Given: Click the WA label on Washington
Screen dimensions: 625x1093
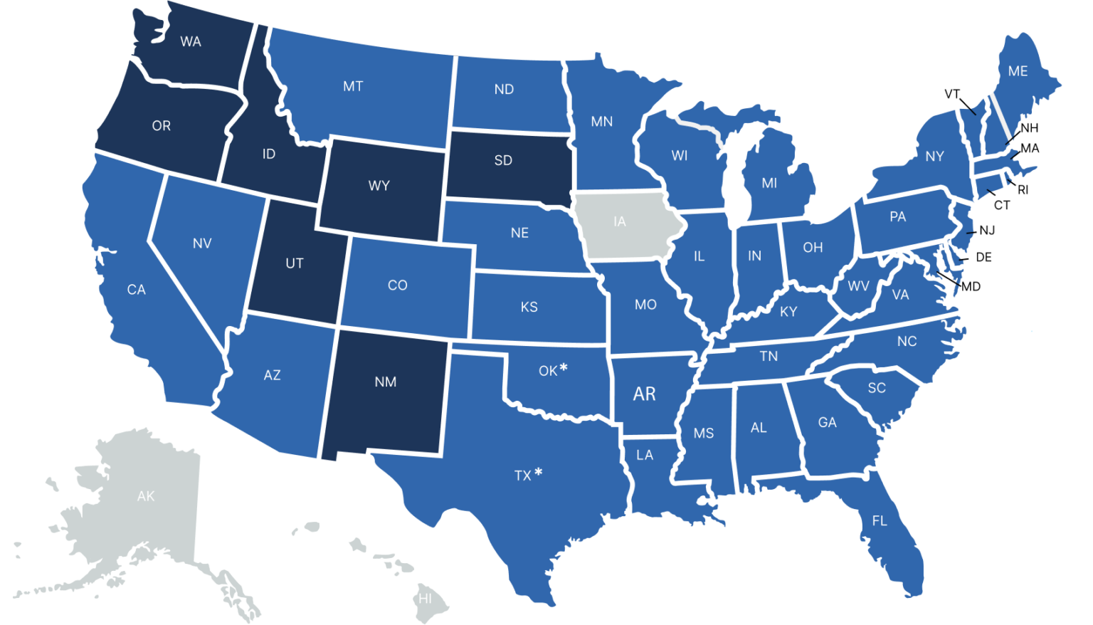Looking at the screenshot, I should pos(190,42).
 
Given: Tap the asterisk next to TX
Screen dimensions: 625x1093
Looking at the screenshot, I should pos(539,471).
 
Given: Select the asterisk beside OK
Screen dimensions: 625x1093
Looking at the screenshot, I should pos(564,367).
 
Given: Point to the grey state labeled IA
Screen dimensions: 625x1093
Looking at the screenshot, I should pos(620,222).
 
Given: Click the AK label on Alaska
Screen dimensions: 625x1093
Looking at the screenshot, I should pos(146,496).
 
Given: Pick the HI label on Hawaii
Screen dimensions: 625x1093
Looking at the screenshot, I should pos(425,599).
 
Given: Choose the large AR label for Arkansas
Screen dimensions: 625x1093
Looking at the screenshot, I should pos(644,394).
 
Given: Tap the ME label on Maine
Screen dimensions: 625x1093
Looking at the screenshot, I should pos(1018,71).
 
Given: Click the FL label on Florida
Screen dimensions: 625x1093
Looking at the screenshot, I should pos(880,521).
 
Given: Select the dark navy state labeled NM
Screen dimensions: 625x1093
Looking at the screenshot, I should pos(385,382).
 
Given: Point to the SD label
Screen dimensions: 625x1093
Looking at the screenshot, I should pos(503,161).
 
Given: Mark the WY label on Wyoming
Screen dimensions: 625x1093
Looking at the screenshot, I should pos(379,186).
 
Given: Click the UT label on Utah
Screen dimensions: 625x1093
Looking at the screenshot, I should pos(295,263).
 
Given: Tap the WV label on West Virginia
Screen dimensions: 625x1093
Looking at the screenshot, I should pos(858,286).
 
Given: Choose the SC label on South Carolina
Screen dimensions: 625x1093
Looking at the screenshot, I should pos(877,388).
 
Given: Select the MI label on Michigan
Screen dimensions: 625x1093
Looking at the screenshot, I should pos(769,183).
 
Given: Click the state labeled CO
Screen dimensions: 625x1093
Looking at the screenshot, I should pos(397,285).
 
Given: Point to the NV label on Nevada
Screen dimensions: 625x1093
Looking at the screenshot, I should pos(202,243).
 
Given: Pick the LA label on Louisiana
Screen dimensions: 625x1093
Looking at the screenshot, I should pos(645,455).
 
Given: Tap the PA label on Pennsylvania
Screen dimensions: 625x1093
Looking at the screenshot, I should pos(897,216).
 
